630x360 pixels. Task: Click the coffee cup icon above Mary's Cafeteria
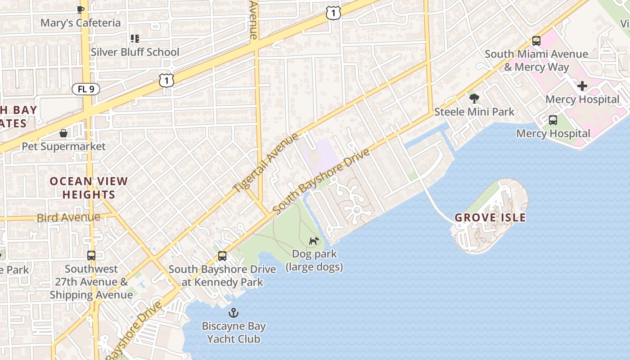pyautogui.click(x=81, y=9)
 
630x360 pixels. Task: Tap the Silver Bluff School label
pyautogui.click(x=135, y=52)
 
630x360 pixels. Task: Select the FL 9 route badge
pyautogui.click(x=85, y=89)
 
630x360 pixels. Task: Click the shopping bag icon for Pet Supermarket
pyautogui.click(x=63, y=133)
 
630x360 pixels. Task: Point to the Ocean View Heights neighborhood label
pyautogui.click(x=89, y=188)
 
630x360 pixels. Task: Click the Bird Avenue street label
pyautogui.click(x=68, y=218)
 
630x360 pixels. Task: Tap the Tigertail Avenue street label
pyautogui.click(x=265, y=163)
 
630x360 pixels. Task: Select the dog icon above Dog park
pyautogui.click(x=314, y=241)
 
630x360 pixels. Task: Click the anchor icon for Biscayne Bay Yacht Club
pyautogui.click(x=234, y=313)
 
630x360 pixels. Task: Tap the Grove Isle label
pyautogui.click(x=490, y=218)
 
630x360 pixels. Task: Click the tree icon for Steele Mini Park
pyautogui.click(x=474, y=98)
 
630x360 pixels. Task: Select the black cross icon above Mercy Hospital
pyautogui.click(x=582, y=86)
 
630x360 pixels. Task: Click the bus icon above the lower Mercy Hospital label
pyautogui.click(x=553, y=120)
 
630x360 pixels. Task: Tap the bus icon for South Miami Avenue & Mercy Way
pyautogui.click(x=536, y=41)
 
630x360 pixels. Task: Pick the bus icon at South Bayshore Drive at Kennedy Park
pyautogui.click(x=222, y=256)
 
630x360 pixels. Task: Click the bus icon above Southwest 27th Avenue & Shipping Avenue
pyautogui.click(x=91, y=256)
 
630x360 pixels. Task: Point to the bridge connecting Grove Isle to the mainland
pyautogui.click(x=436, y=202)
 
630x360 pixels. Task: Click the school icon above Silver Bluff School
pyautogui.click(x=135, y=39)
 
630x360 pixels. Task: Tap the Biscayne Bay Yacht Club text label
pyautogui.click(x=234, y=333)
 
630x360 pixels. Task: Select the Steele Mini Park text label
pyautogui.click(x=474, y=112)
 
